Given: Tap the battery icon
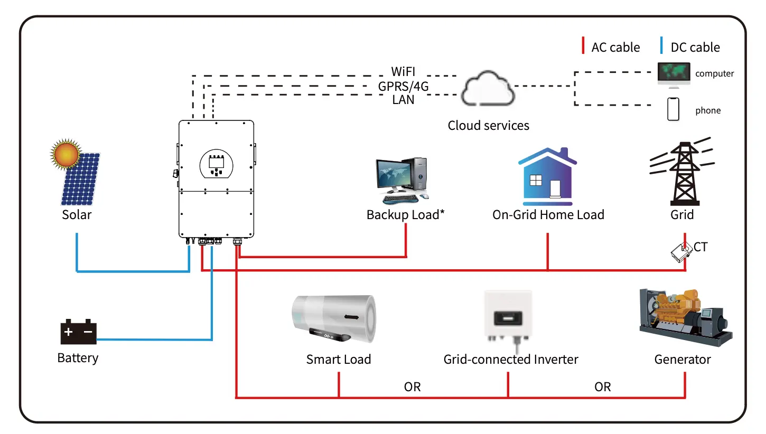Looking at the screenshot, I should point(78,332).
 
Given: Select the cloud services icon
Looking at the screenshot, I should point(488,92).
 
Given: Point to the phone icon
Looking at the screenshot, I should point(673,109).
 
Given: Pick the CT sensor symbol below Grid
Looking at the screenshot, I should point(682,251).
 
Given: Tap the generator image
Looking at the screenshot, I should point(686,318).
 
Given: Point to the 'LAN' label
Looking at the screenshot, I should point(403,99).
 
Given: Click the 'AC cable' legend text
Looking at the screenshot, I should point(615,48).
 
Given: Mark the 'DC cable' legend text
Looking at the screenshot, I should point(695,48).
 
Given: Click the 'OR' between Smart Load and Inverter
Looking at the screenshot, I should point(412,387).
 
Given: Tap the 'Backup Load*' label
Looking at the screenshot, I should point(406,215).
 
